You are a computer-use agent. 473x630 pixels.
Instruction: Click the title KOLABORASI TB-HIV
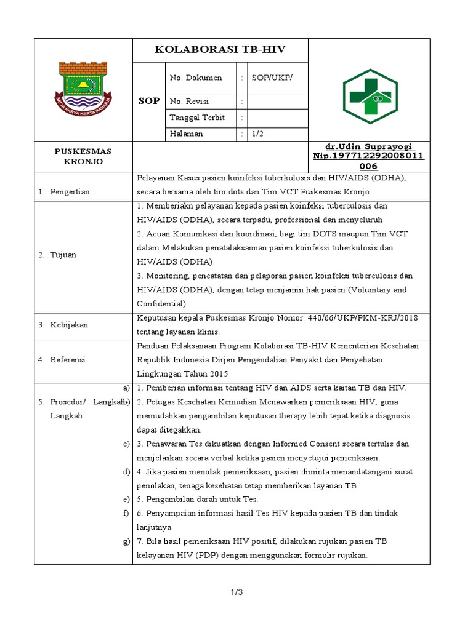pos(220,50)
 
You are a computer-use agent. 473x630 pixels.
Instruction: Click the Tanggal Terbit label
pos(197,118)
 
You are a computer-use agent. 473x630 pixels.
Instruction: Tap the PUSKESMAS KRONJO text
pos(83,156)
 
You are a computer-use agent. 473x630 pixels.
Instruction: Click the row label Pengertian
pos(70,192)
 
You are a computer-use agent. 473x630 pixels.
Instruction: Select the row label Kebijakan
pos(69,324)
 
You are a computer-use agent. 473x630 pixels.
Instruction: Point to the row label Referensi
pos(68,359)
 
